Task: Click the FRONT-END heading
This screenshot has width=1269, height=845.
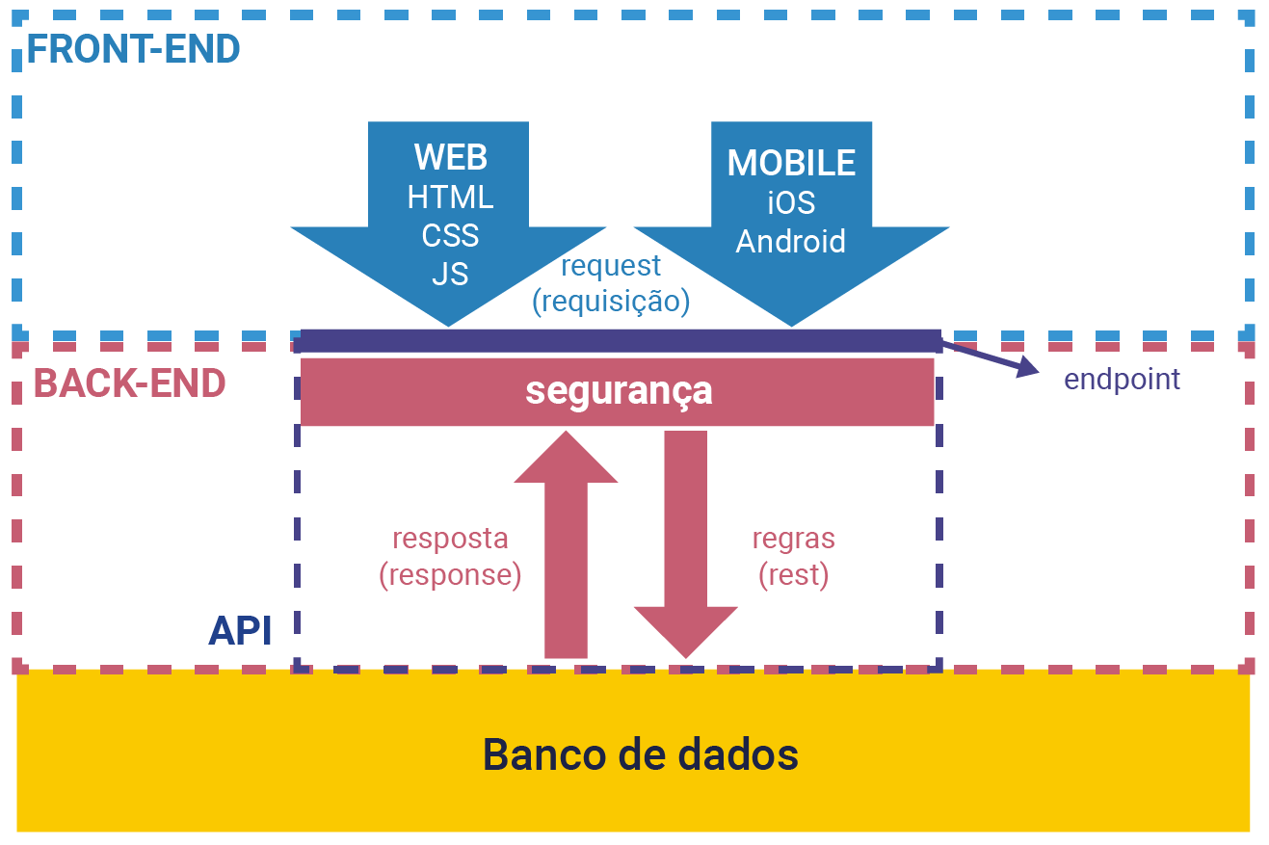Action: pos(133,48)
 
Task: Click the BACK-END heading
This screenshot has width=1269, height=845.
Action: pos(130,383)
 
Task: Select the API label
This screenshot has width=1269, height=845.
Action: pos(240,631)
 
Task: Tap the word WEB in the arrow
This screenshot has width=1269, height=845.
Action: pos(450,157)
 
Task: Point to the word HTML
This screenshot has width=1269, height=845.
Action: pos(450,197)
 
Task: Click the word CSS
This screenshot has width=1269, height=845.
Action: pos(450,235)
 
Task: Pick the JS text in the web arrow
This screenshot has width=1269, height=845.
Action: pos(450,274)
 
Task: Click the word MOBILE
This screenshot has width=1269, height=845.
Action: pos(791,163)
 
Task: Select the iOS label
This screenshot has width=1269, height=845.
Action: pos(791,202)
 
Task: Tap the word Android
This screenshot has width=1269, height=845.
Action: pos(791,241)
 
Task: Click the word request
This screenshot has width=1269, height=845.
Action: pos(611,265)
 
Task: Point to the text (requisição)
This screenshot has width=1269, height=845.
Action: pos(611,302)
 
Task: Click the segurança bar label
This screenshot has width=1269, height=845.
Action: pos(618,390)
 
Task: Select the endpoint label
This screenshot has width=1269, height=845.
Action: pos(1122,379)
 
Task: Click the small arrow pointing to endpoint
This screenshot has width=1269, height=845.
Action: pos(992,356)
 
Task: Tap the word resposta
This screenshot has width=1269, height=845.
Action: pos(450,538)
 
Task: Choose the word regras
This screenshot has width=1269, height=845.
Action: pos(793,538)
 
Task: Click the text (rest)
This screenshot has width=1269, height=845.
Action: pos(793,575)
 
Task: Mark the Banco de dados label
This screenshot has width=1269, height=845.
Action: pos(640,753)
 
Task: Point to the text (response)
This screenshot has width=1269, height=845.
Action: pos(450,575)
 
